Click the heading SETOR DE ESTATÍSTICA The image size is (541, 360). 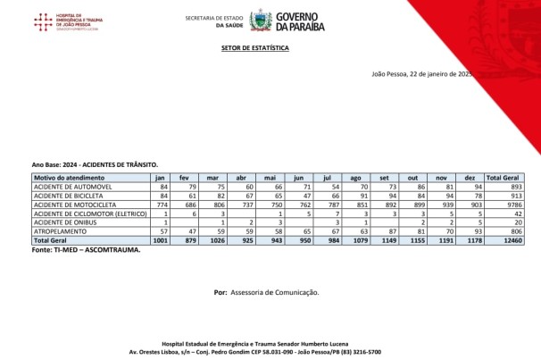[254, 49]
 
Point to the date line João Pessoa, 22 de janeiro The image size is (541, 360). [420, 73]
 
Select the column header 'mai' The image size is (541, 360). [279, 179]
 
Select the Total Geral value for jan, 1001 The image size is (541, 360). [161, 241]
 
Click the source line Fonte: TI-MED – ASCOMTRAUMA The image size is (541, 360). [86, 250]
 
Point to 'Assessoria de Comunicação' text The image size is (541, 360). [274, 292]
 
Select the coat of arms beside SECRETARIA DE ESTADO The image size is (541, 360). [260, 21]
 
